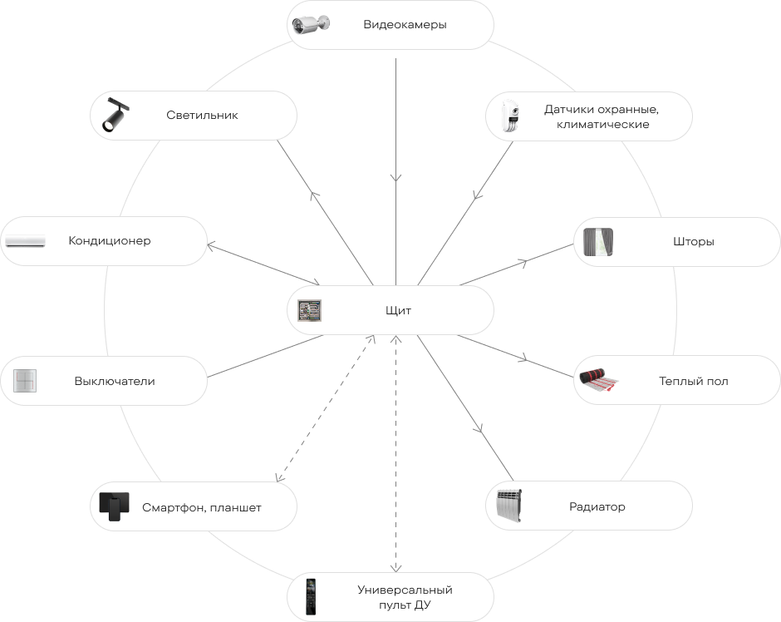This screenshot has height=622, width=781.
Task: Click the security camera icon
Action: point(311,24)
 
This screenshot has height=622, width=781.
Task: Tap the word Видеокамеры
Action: point(405,24)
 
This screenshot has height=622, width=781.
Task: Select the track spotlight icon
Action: point(115,115)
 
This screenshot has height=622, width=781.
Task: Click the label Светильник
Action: point(202,115)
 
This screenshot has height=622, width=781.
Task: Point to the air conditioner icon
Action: point(26,241)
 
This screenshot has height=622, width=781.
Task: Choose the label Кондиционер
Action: point(110,240)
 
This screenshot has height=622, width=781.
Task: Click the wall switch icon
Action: point(25,381)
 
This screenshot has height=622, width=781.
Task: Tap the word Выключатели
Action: point(115,382)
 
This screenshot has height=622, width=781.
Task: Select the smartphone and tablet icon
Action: point(114,507)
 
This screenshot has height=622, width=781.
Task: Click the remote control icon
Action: point(311,596)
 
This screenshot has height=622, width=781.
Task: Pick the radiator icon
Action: point(509,506)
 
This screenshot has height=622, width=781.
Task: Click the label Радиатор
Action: point(597,507)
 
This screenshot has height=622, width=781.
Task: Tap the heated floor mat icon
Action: point(599,380)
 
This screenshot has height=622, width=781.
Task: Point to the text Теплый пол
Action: point(693,382)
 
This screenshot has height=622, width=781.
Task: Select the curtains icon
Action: point(598,242)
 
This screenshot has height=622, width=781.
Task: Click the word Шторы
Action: point(693,242)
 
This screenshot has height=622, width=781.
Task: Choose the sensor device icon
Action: point(511,116)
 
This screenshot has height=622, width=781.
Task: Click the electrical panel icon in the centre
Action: point(309,310)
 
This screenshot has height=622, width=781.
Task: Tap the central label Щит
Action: point(399,310)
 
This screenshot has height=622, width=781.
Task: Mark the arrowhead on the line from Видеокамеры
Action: point(396,178)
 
